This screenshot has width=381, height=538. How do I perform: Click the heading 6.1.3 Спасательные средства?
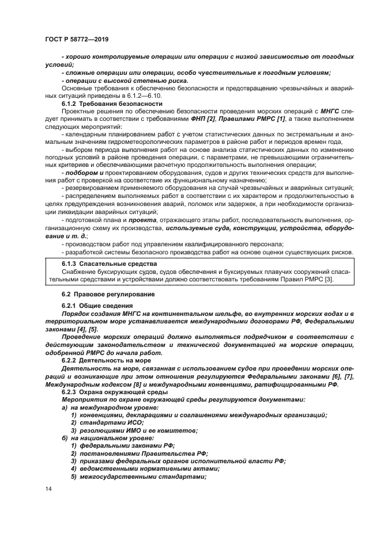pyautogui.click(x=100, y=264)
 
